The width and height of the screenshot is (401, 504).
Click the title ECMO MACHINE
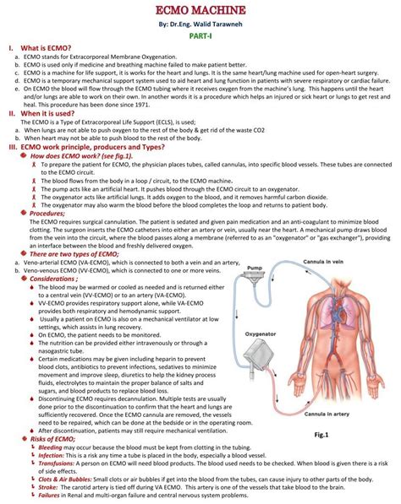(x=200, y=10)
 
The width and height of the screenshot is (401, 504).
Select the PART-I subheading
(x=200, y=38)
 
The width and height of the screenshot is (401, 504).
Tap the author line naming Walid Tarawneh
(x=200, y=24)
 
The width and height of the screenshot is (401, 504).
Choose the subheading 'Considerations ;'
(x=59, y=278)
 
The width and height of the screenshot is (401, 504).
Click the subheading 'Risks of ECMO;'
(x=55, y=439)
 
